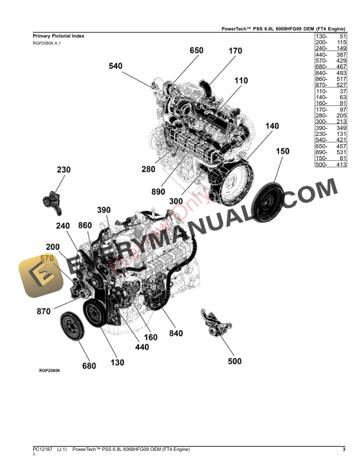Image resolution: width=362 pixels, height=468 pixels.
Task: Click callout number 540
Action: [x=115, y=66]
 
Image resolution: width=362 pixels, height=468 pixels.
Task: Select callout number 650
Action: [x=196, y=51]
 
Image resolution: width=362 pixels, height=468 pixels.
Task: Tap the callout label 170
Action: [x=235, y=51]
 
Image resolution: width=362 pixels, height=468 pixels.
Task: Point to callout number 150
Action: [x=283, y=152]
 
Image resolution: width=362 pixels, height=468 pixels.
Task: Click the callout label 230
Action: [x=63, y=170]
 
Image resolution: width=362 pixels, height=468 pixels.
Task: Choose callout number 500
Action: [x=234, y=361]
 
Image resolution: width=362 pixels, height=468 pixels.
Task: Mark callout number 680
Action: [x=89, y=366]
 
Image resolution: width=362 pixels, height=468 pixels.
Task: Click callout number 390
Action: [x=104, y=210]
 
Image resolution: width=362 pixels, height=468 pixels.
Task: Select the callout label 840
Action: [x=177, y=333]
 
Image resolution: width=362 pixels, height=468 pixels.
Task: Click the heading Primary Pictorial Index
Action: [x=58, y=36]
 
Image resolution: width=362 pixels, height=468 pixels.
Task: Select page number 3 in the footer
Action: [x=344, y=451]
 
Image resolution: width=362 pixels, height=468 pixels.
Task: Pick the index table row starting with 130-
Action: [x=331, y=37]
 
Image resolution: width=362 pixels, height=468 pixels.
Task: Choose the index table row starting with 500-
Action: [x=331, y=165]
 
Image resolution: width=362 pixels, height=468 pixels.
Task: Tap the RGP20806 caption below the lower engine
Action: [x=50, y=370]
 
